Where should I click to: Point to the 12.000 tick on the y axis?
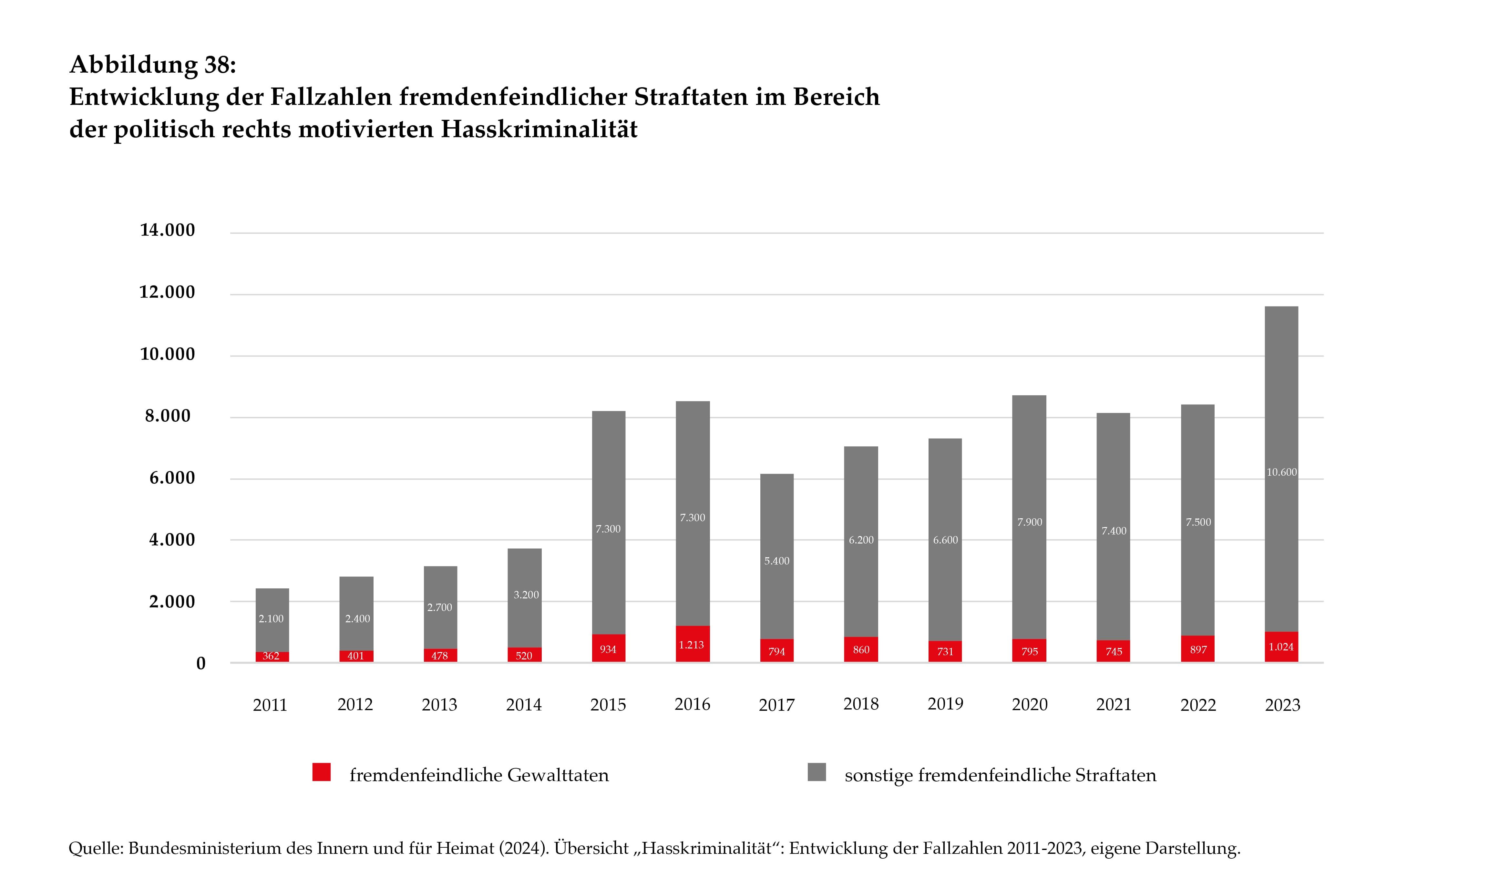(167, 292)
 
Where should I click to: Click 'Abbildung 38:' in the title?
(153, 65)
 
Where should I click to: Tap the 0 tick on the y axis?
(201, 663)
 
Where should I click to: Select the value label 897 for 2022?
(1198, 649)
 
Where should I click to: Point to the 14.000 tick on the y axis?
(167, 230)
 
